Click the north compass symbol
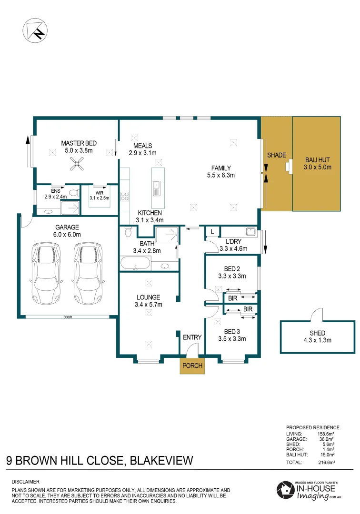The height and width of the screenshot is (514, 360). coord(35,30)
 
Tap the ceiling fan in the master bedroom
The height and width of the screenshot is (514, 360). coord(77,164)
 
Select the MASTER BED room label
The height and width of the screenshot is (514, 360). coord(79,143)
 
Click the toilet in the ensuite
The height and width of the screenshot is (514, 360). coord(75,192)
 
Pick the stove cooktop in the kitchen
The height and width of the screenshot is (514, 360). coord(125,196)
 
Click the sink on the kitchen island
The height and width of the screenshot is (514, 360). coord(157,188)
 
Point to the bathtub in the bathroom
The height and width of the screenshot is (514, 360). coord(135,264)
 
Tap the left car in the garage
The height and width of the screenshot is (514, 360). coord(46,273)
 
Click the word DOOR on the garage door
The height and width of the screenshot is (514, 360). coord(68,317)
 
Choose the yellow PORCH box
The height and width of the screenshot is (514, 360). coord(192,366)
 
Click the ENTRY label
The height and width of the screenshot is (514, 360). coord(192,337)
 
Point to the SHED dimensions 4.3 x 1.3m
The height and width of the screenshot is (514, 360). coord(317,340)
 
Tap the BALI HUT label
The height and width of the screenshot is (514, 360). coord(317,160)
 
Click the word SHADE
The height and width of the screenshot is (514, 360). coord(276,155)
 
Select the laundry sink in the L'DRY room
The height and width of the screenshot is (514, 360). coord(251,231)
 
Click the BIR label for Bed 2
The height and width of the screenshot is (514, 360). coord(232,298)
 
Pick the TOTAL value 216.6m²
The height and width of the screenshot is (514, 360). coord(326,463)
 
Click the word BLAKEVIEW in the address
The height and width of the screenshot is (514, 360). coord(161,461)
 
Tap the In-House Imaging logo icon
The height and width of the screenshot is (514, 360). coord(285,490)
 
